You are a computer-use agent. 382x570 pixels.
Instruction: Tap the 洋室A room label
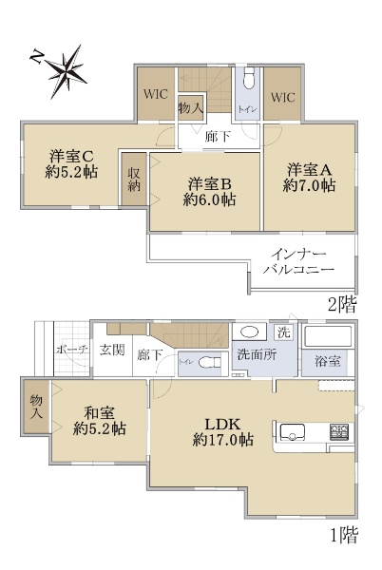(309, 170)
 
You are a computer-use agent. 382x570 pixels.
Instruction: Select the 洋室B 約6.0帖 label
(209, 192)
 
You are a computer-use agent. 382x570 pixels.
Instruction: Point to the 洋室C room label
(71, 157)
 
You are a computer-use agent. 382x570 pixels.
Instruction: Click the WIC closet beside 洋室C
(156, 94)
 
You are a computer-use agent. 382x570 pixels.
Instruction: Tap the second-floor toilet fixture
(249, 79)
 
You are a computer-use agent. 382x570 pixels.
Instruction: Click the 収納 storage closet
(134, 180)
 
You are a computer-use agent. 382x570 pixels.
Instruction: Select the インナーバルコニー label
(298, 261)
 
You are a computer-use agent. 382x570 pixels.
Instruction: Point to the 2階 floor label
(342, 305)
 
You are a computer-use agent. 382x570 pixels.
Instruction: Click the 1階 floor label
(344, 535)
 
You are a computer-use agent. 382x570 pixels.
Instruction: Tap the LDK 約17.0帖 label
(222, 432)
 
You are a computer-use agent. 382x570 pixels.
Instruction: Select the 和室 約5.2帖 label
(99, 421)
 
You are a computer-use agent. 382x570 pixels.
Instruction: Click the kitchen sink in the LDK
(293, 432)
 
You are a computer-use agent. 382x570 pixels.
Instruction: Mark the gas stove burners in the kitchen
(339, 432)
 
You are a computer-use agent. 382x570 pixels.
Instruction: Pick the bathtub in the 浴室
(328, 336)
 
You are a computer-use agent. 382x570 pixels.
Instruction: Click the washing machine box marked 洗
(283, 332)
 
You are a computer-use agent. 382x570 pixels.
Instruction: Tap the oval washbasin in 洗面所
(249, 332)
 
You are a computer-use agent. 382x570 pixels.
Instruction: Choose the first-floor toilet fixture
(210, 363)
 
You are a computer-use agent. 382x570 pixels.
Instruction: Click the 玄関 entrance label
(112, 350)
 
